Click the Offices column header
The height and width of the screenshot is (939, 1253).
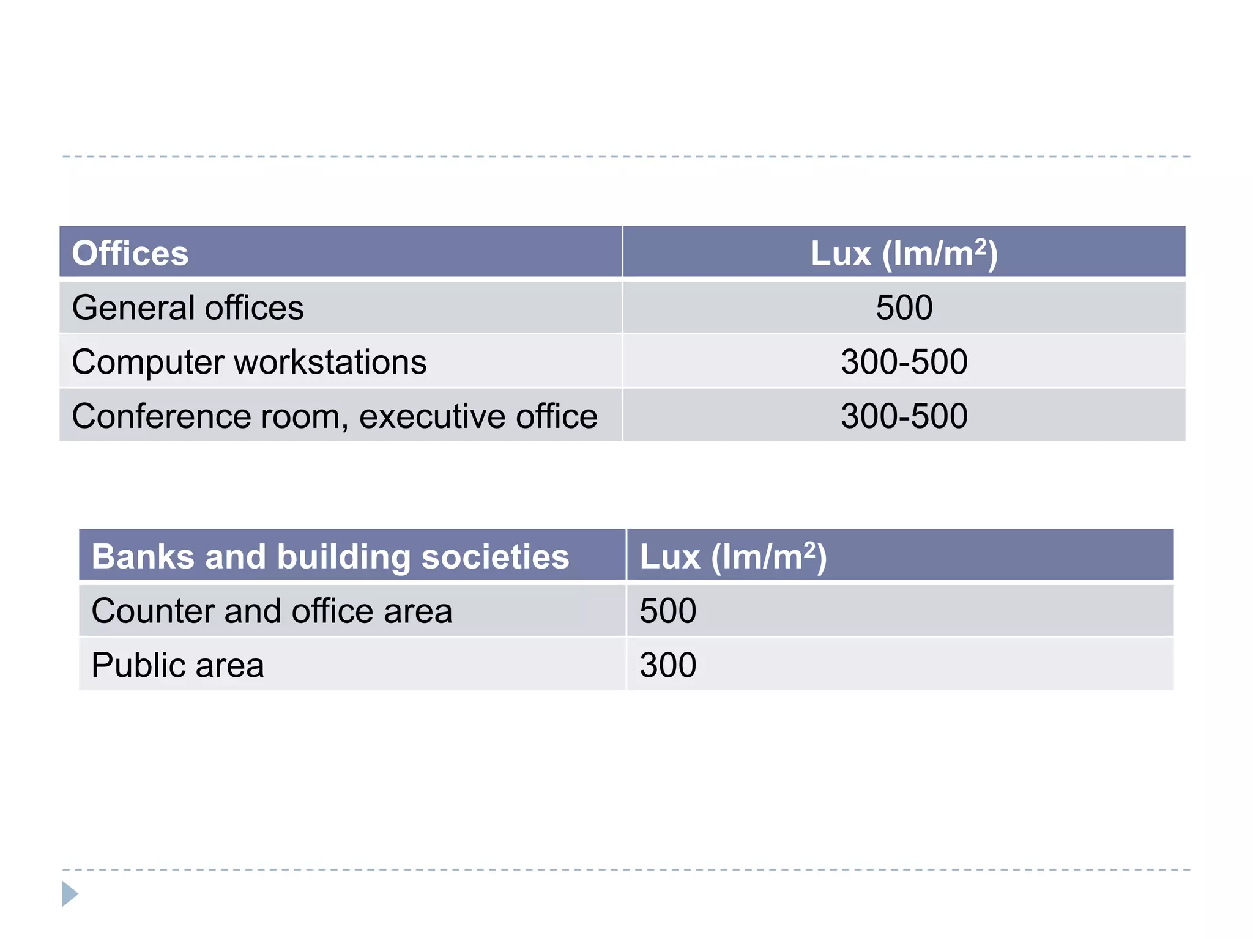130,253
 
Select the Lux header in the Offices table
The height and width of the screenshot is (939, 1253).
904,253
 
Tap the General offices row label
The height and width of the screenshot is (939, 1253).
187,307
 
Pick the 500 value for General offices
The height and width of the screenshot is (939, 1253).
904,307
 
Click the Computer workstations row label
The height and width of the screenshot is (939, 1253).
249,362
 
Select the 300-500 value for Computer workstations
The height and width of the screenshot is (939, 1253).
904,362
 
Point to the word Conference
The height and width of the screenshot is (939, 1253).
161,416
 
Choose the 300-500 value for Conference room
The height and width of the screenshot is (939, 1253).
904,416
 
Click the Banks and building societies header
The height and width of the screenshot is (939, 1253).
330,556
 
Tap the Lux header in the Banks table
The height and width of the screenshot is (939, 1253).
732,556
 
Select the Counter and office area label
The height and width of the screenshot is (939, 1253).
272,611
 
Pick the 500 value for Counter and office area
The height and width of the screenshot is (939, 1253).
667,611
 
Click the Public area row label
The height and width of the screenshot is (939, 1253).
177,665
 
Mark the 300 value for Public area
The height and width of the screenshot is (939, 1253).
667,665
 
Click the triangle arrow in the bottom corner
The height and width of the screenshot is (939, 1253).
70,894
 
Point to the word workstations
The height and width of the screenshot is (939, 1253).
330,362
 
